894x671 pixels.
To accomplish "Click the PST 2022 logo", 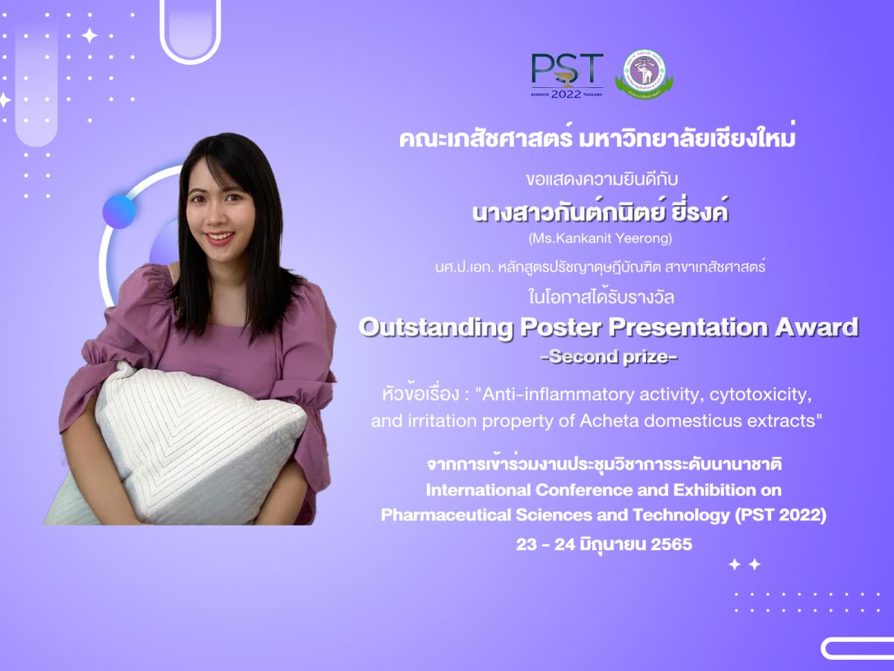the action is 567,76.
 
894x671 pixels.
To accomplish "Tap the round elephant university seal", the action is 644,75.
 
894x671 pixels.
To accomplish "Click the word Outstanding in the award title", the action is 435,328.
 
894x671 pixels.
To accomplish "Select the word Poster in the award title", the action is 561,327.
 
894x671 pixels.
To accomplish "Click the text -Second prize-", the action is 609,357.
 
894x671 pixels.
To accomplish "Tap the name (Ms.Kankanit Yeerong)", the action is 600,238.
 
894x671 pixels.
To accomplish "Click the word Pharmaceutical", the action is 446,515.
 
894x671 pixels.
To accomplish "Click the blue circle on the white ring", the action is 119,212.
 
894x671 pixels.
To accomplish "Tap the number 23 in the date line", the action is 527,544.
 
